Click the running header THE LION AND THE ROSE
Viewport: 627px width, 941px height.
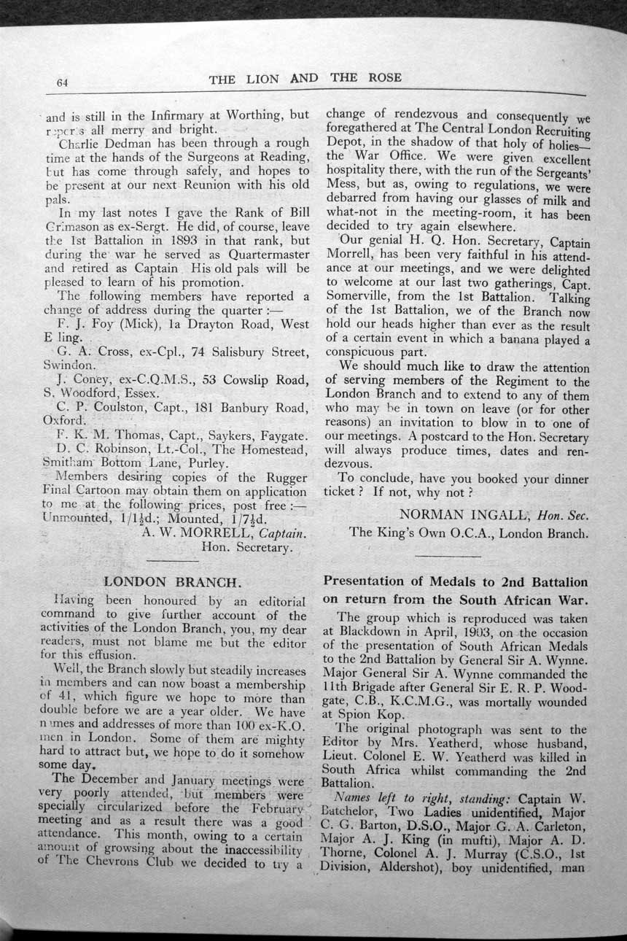click(305, 79)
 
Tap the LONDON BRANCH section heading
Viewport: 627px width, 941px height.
click(172, 582)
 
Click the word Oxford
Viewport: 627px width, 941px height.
click(63, 421)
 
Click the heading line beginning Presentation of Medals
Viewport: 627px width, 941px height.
click(455, 582)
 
